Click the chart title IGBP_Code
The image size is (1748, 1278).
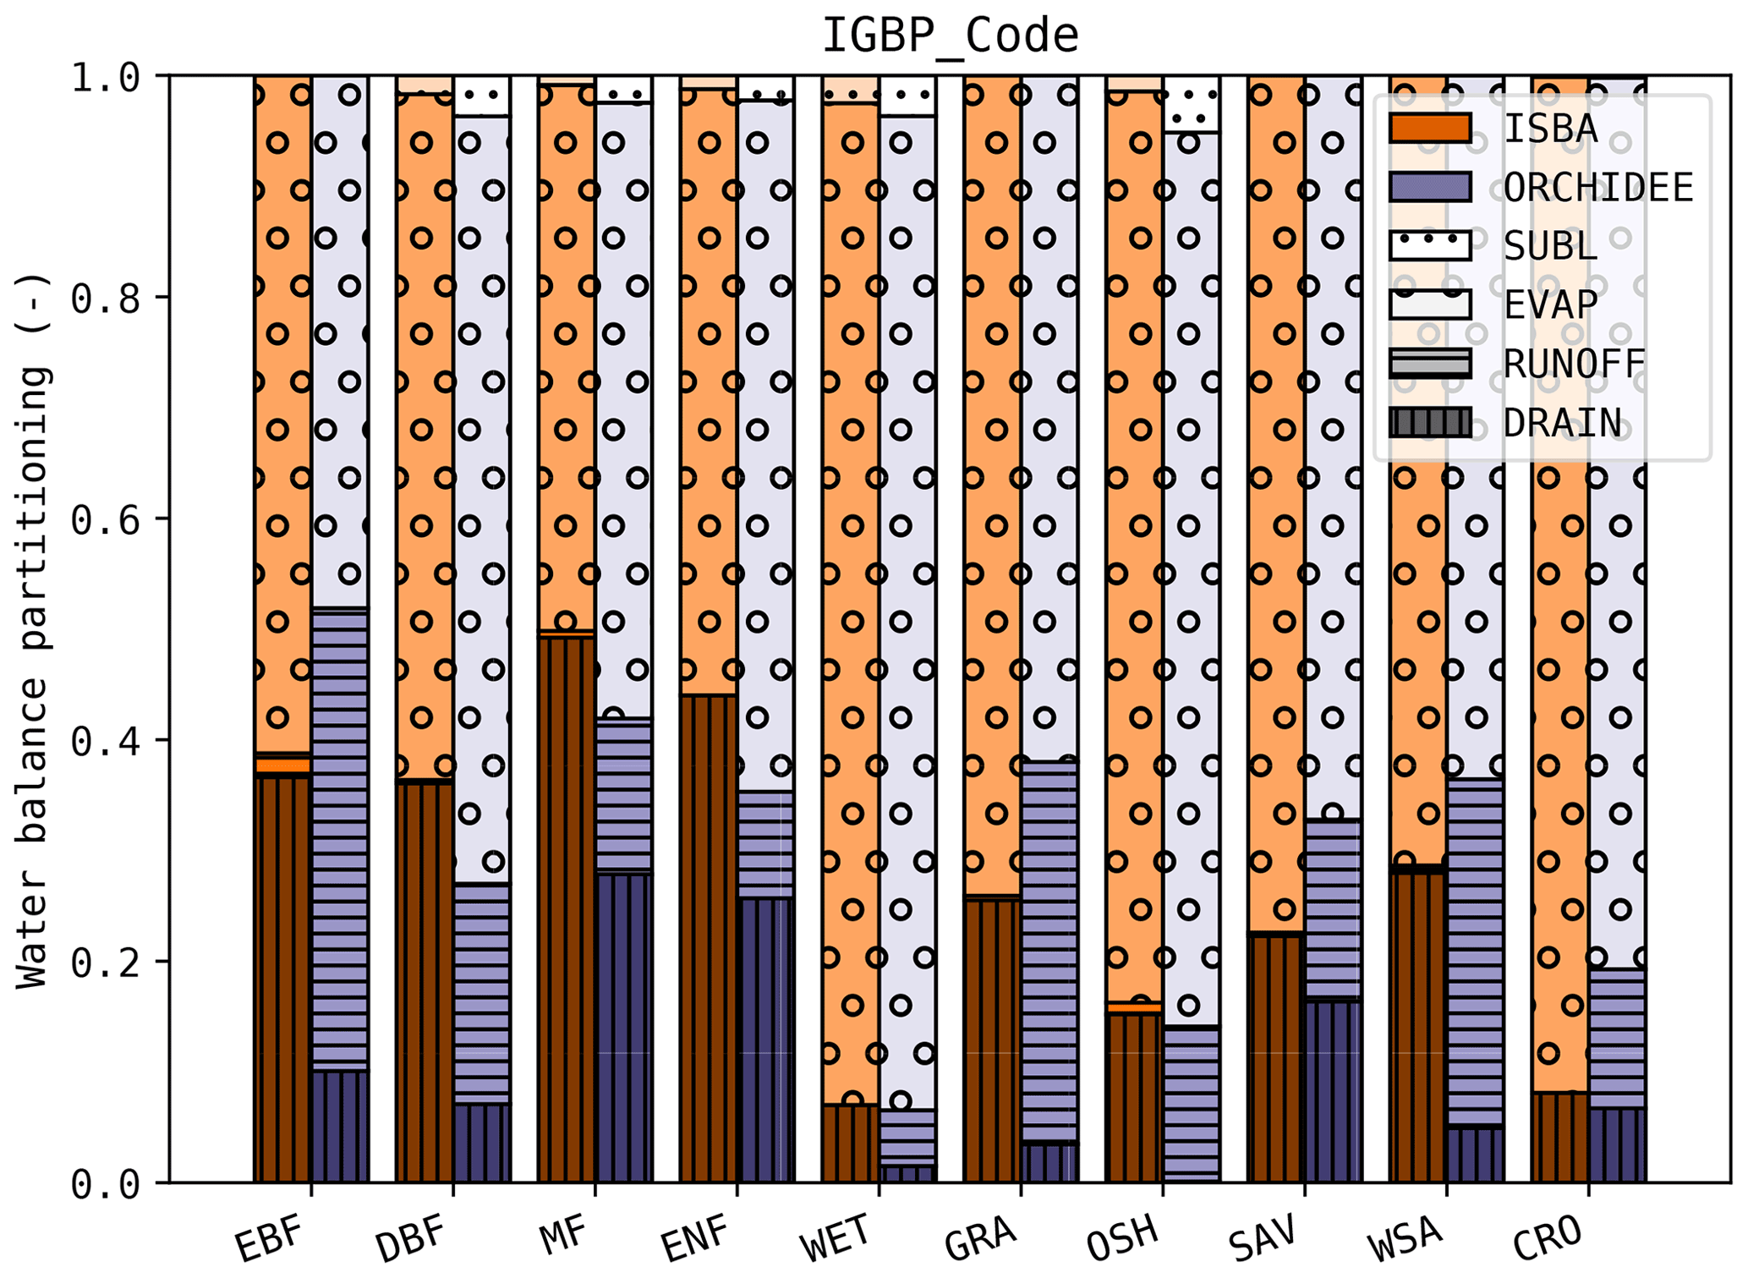(x=950, y=36)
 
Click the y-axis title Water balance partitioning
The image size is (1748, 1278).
(x=34, y=630)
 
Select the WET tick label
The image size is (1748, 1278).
(x=836, y=1238)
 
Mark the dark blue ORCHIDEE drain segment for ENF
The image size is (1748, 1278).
(x=766, y=1040)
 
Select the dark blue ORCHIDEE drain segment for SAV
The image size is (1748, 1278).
(x=1333, y=1091)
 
